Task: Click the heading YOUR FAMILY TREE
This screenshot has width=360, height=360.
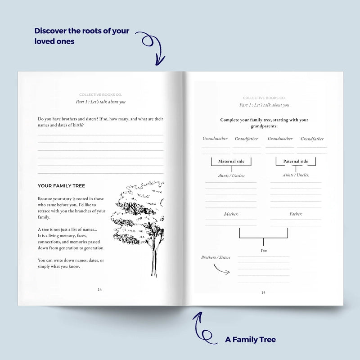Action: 61,186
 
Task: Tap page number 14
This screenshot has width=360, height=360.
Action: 99,289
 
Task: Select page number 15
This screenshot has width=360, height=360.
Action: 263,293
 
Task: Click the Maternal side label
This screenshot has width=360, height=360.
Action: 231,162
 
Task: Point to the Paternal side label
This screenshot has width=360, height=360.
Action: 296,162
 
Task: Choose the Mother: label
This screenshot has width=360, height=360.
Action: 231,214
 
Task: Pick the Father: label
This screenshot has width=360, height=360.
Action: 296,214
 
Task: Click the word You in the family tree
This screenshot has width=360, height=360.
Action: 264,251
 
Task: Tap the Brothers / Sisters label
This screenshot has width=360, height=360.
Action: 216,257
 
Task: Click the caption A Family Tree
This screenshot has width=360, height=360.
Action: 251,340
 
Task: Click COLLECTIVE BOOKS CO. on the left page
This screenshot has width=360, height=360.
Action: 100,95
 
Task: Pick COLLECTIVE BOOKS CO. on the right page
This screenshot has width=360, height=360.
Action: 264,98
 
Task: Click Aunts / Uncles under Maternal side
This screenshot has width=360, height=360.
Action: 231,175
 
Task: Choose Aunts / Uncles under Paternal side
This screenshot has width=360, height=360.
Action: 296,175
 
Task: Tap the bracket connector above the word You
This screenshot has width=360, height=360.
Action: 264,238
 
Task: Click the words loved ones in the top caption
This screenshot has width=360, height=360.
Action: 54,41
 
